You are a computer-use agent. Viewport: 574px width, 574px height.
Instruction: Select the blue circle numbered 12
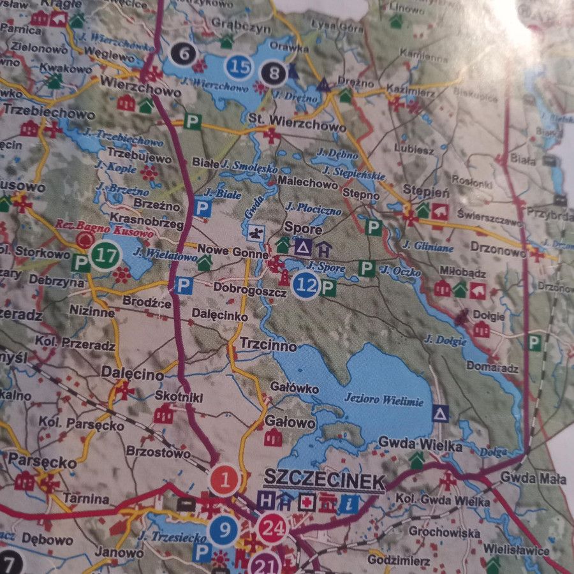pos(306,285)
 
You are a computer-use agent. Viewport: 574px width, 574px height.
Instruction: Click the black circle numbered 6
pos(184,54)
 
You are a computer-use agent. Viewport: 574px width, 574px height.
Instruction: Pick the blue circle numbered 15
pos(239,66)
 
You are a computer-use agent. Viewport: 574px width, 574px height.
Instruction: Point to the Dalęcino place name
pos(133,376)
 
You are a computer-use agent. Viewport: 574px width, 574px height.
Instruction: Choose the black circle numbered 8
pos(274,73)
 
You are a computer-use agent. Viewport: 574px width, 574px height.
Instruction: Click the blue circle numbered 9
pos(223,529)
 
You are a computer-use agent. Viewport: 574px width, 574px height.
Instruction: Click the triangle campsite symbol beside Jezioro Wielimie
pos(440,413)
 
